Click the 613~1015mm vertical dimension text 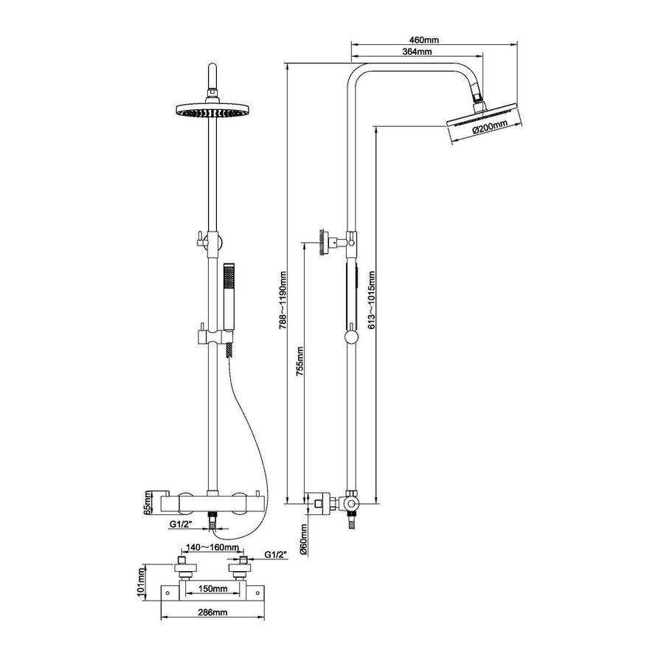tap(372, 302)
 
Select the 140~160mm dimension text tap(212, 548)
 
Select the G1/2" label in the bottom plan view tap(275, 553)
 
